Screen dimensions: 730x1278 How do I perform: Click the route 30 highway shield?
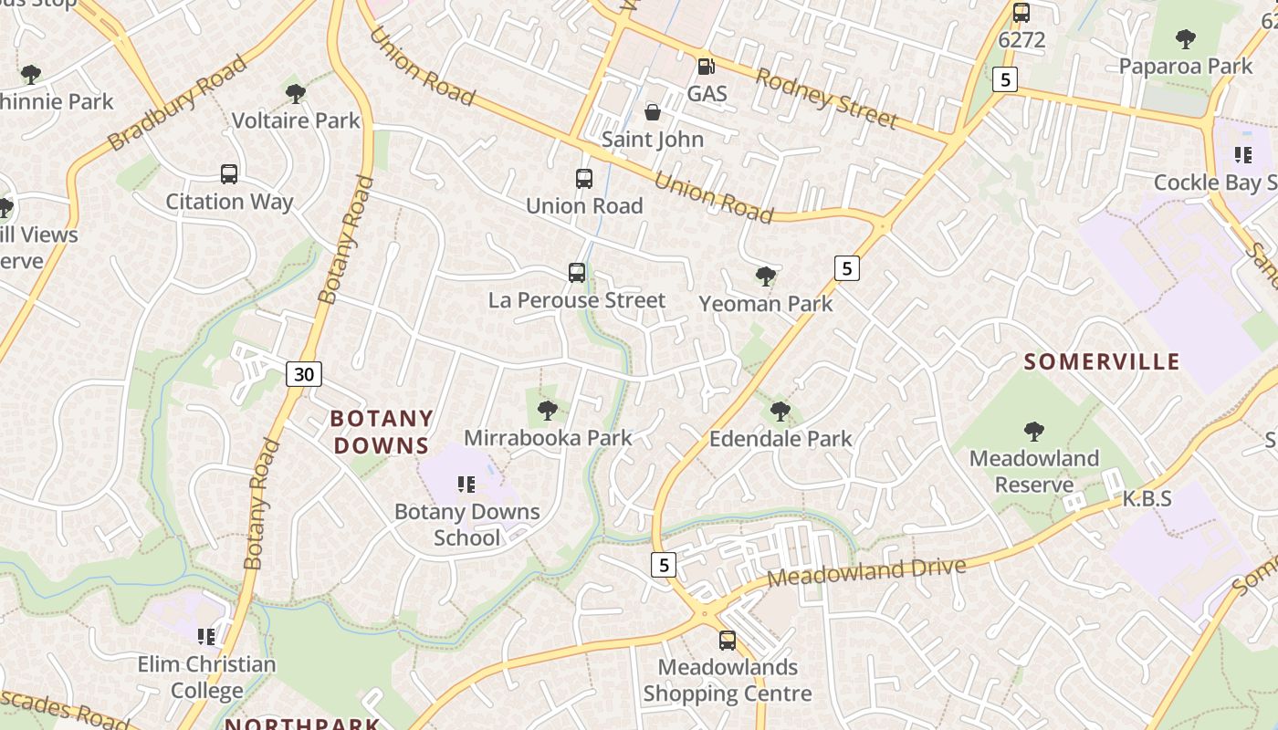[x=304, y=373]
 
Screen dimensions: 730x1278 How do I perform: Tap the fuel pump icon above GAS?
[x=706, y=66]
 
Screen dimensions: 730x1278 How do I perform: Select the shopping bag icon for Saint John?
[x=653, y=112]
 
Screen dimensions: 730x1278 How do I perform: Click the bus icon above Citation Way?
[x=229, y=174]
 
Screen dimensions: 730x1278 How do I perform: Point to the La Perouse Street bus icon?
[x=577, y=273]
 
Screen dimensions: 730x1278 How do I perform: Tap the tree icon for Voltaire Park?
[x=295, y=93]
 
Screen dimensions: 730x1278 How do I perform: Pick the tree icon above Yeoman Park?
[x=766, y=276]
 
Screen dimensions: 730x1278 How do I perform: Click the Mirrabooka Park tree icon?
[x=548, y=411]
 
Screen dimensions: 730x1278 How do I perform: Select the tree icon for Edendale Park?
[x=780, y=411]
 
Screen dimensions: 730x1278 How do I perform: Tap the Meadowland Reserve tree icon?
[x=1034, y=431]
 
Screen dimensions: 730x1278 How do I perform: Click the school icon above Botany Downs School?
[x=466, y=485]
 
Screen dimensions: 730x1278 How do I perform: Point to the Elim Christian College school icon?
[x=206, y=636]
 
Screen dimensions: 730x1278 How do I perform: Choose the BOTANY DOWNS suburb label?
[x=381, y=432]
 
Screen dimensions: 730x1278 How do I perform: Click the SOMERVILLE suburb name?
[x=1102, y=362]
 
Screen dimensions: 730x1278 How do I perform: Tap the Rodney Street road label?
[x=827, y=99]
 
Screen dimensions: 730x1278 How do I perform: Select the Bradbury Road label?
[x=177, y=102]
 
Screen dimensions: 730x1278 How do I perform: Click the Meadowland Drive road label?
[x=866, y=572]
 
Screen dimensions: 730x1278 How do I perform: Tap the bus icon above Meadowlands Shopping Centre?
[x=728, y=641]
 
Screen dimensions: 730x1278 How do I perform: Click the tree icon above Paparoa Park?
[x=1186, y=39]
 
